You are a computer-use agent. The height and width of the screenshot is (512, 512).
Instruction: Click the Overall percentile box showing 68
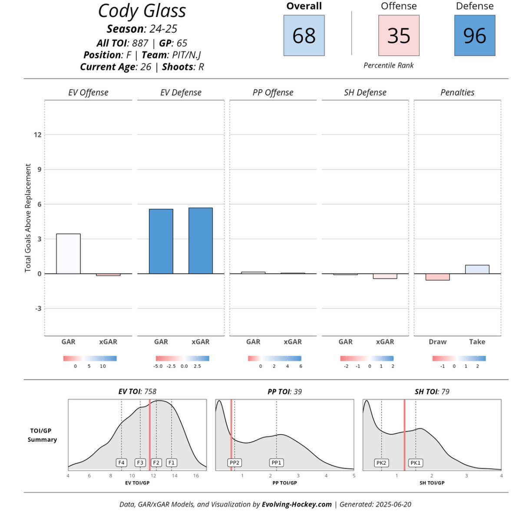[304, 36]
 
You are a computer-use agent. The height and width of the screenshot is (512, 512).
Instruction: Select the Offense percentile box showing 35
[399, 36]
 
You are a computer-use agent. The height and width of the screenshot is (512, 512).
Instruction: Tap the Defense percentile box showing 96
[475, 36]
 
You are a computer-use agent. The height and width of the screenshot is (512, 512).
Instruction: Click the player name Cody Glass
[142, 11]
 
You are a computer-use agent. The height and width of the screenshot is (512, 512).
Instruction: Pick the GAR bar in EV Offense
[68, 254]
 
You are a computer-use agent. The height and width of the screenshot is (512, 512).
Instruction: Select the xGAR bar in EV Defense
[201, 241]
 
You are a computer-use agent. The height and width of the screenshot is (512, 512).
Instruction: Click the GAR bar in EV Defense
[161, 241]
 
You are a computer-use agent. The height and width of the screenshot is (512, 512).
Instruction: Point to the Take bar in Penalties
[477, 269]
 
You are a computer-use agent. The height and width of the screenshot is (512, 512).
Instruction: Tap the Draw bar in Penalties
[437, 277]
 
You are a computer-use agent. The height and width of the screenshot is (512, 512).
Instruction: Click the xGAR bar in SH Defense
[385, 276]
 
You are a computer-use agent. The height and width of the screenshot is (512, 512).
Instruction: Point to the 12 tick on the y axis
[37, 135]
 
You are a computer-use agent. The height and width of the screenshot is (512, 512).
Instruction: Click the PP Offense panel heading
[273, 92]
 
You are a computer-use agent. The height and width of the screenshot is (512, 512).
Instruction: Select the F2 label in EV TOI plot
[156, 463]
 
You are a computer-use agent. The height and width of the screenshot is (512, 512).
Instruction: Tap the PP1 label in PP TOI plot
[277, 463]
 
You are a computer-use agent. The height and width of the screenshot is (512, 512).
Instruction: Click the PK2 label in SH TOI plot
[381, 463]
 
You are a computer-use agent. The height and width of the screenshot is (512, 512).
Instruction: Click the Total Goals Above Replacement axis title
[28, 218]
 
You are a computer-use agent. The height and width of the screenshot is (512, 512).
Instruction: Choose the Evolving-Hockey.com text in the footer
[297, 504]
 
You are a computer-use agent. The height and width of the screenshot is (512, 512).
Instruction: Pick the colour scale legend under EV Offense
[90, 359]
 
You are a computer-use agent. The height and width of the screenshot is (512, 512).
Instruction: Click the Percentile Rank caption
[388, 66]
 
